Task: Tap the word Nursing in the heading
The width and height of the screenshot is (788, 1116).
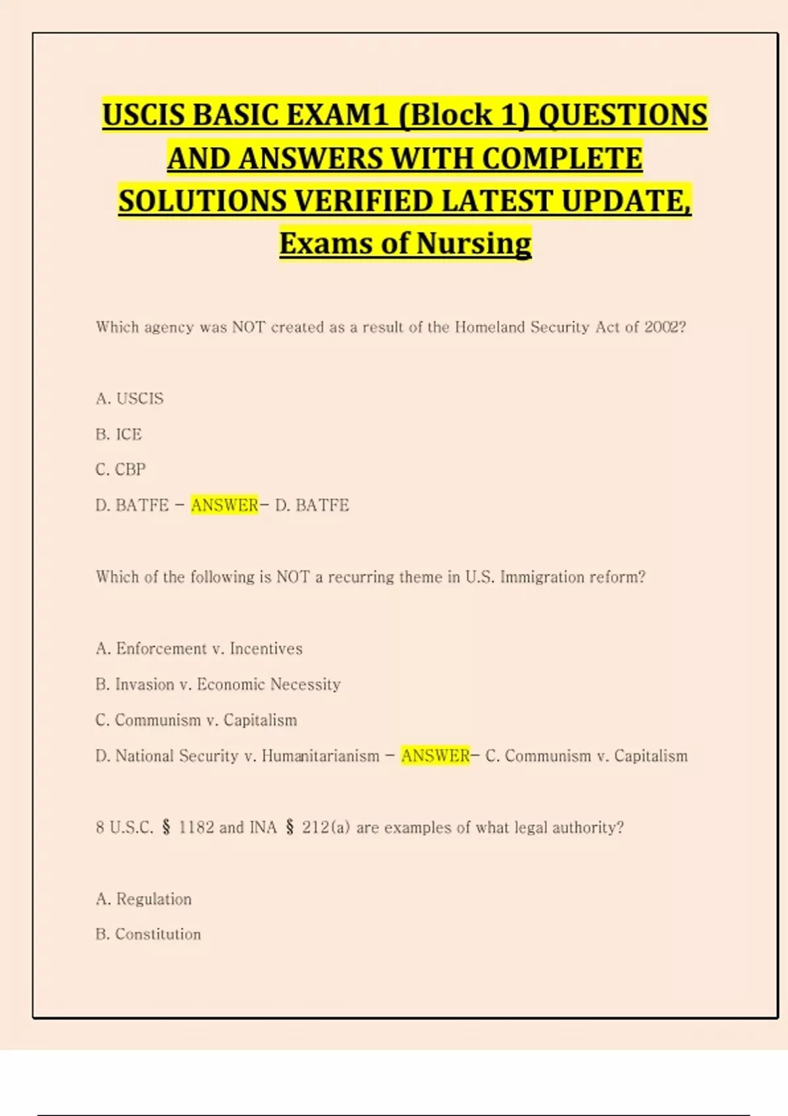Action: point(473,244)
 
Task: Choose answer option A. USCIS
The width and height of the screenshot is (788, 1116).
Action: point(129,398)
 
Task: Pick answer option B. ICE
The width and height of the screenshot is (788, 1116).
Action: point(118,434)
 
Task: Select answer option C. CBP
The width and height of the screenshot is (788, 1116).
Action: point(120,469)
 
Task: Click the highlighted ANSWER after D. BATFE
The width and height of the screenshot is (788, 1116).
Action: point(225,505)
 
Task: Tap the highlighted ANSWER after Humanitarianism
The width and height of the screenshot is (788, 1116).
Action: point(435,756)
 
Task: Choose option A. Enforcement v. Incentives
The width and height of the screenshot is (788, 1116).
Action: point(199,649)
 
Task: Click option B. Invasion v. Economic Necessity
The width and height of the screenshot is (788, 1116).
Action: point(218,684)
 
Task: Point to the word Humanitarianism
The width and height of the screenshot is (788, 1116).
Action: point(320,756)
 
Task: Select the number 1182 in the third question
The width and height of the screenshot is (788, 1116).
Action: point(196,827)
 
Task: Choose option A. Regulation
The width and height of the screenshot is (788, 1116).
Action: point(144,899)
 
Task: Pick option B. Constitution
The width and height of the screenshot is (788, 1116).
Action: point(148,934)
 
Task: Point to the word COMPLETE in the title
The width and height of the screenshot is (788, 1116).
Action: point(562,159)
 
